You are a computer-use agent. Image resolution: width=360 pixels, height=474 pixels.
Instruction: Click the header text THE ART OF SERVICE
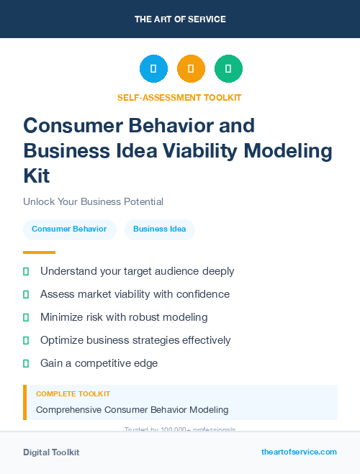click(x=180, y=19)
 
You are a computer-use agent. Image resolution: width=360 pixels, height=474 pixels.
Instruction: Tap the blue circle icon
click(x=153, y=69)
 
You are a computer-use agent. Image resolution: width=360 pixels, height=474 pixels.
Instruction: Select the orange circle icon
click(x=191, y=69)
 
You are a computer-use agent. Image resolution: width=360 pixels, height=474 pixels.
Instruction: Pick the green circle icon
click(x=228, y=69)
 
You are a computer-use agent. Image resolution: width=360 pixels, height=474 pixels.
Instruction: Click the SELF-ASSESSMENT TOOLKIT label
click(x=179, y=97)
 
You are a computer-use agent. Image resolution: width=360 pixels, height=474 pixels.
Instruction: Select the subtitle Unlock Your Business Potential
click(x=93, y=202)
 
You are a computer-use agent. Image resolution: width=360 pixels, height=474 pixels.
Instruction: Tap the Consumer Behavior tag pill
click(x=69, y=229)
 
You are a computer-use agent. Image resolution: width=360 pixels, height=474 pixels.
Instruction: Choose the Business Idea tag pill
click(x=159, y=229)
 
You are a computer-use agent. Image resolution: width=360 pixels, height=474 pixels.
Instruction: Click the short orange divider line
click(x=39, y=252)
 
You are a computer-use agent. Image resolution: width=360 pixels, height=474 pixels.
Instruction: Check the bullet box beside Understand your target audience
click(x=26, y=272)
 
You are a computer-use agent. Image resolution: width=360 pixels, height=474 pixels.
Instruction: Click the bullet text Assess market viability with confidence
click(x=135, y=294)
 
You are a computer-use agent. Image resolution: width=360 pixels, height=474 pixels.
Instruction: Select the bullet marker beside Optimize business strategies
click(x=26, y=340)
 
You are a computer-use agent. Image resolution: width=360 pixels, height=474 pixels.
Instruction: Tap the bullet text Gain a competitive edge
click(x=99, y=363)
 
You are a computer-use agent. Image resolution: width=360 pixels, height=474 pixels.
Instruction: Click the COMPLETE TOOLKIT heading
click(x=73, y=394)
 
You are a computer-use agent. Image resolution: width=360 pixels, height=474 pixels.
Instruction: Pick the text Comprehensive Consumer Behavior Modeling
click(x=132, y=410)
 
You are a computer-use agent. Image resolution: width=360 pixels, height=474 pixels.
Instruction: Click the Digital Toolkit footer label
click(x=51, y=452)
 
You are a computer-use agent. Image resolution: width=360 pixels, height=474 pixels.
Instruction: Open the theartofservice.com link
click(x=299, y=452)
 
